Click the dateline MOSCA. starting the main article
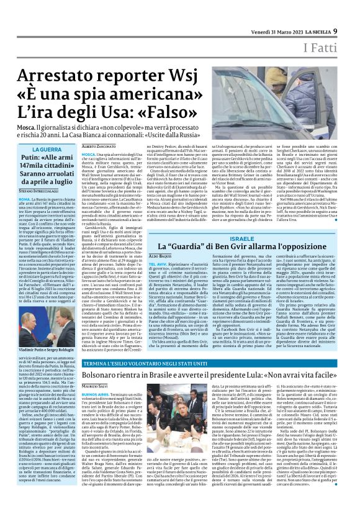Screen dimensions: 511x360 [x=88, y=153]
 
